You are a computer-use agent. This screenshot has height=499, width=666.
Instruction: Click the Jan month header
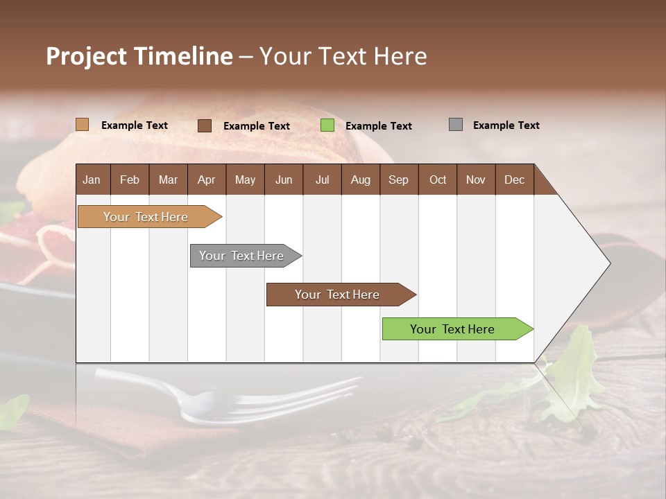[x=92, y=180]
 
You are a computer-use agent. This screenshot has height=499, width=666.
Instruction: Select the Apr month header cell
[x=206, y=180]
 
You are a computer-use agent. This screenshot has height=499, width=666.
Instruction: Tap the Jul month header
[x=322, y=180]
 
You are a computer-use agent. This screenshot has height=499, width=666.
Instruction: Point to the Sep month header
[x=398, y=180]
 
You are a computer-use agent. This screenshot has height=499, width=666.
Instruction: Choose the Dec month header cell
[x=514, y=180]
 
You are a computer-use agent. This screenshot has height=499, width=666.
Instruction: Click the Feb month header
[x=130, y=180]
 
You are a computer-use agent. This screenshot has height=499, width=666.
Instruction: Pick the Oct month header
[x=438, y=180]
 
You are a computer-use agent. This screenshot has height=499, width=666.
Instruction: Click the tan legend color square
[x=83, y=125]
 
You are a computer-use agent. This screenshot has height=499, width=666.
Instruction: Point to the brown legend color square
[x=205, y=125]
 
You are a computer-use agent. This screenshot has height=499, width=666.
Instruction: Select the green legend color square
[x=327, y=125]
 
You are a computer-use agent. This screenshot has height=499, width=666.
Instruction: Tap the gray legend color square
[x=456, y=125]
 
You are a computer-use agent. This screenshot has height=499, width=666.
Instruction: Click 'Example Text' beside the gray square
[x=506, y=125]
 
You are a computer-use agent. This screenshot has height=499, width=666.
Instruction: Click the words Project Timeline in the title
[x=139, y=56]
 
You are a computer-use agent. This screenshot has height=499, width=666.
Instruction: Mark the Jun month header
[x=283, y=180]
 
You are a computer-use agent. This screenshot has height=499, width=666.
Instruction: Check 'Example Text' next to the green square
[x=378, y=126]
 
